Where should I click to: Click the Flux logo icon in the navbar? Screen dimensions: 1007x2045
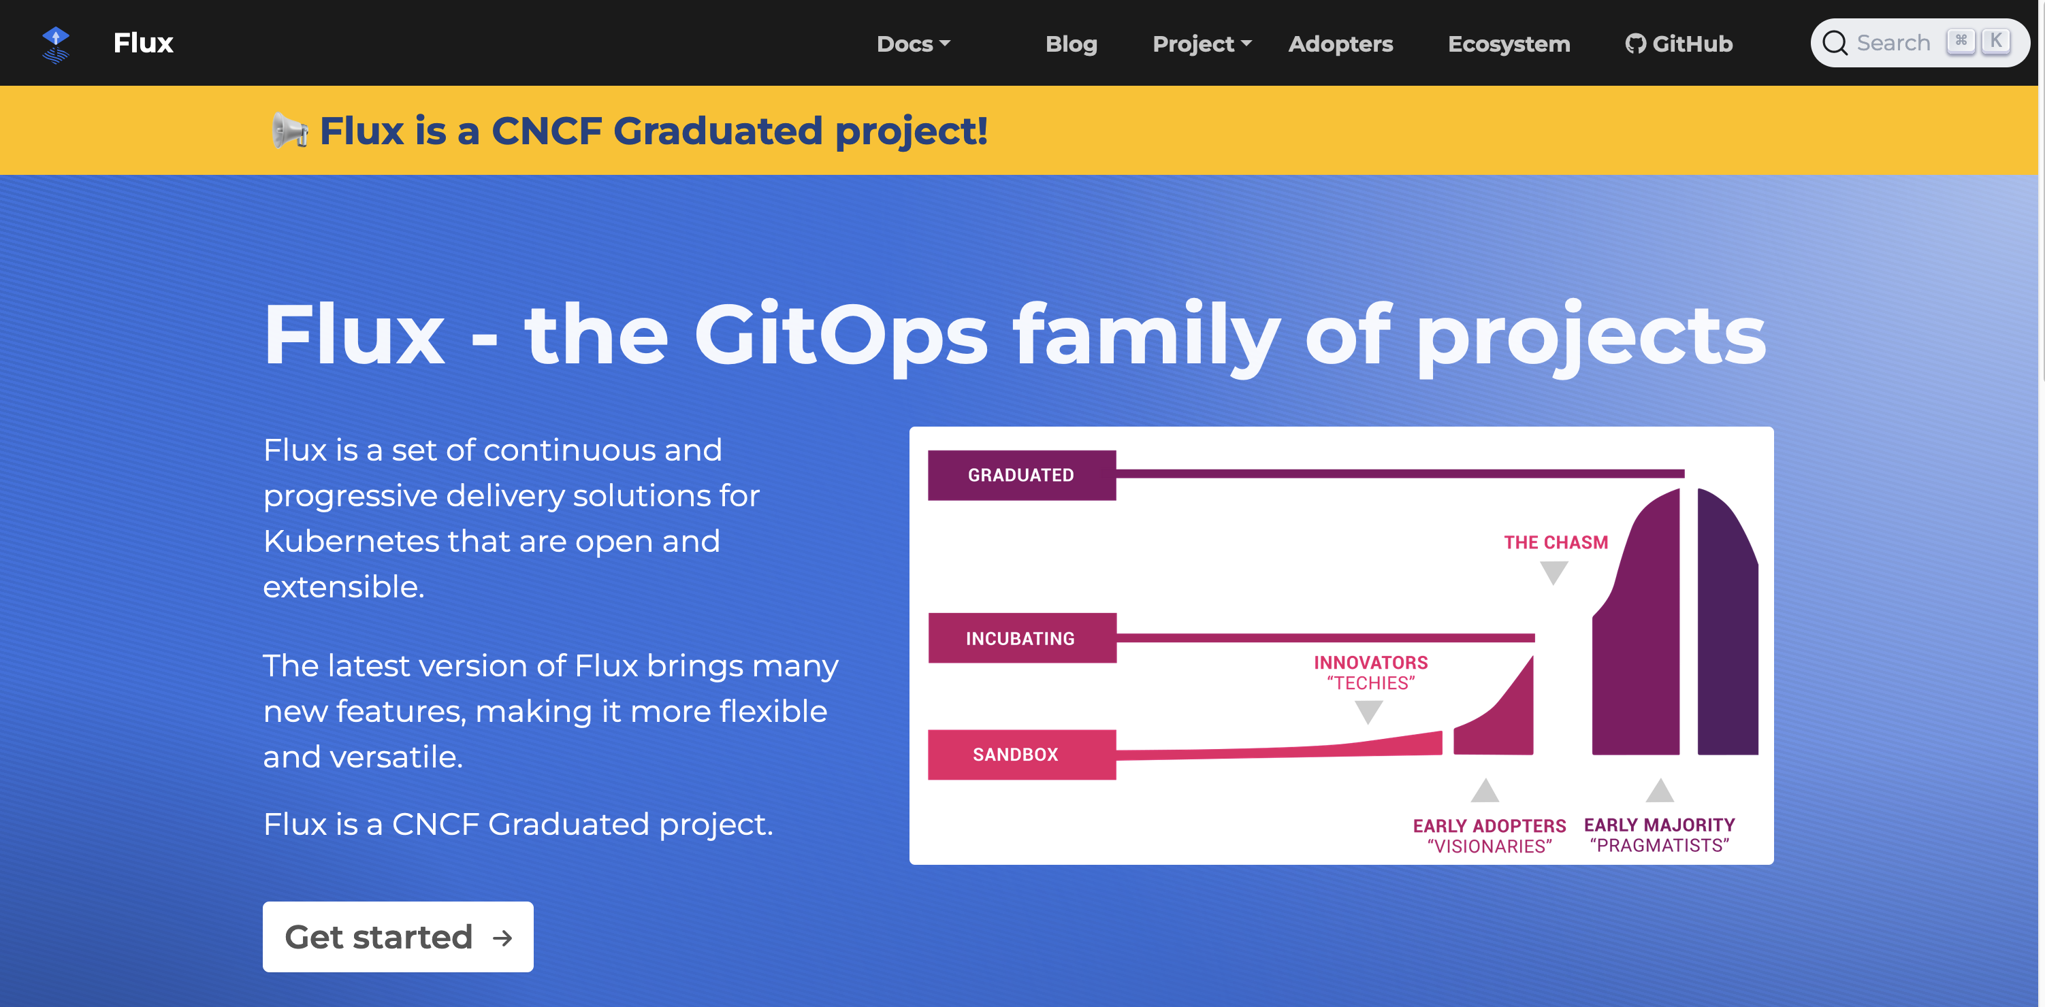pyautogui.click(x=56, y=44)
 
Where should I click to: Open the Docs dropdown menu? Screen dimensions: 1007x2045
pyautogui.click(x=913, y=44)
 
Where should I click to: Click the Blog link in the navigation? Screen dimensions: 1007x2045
pyautogui.click(x=1071, y=44)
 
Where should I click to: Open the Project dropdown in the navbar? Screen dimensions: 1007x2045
pyautogui.click(x=1201, y=44)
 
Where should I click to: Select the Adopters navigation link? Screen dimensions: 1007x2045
pyautogui.click(x=1340, y=44)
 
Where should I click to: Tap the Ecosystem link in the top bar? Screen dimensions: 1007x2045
pyautogui.click(x=1509, y=44)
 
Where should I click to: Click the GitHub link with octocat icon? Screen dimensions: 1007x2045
pyautogui.click(x=1678, y=44)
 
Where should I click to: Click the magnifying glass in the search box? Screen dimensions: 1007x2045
pyautogui.click(x=1835, y=43)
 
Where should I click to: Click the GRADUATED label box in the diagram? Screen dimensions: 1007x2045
pyautogui.click(x=1021, y=476)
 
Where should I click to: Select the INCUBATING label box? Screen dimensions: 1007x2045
pyautogui.click(x=1021, y=638)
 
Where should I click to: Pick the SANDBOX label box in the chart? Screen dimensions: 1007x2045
pyautogui.click(x=1021, y=755)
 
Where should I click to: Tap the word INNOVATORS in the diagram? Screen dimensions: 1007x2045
pyautogui.click(x=1370, y=663)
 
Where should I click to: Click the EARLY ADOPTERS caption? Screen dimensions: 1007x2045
pyautogui.click(x=1489, y=826)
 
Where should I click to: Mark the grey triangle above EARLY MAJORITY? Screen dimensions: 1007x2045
pyautogui.click(x=1659, y=791)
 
